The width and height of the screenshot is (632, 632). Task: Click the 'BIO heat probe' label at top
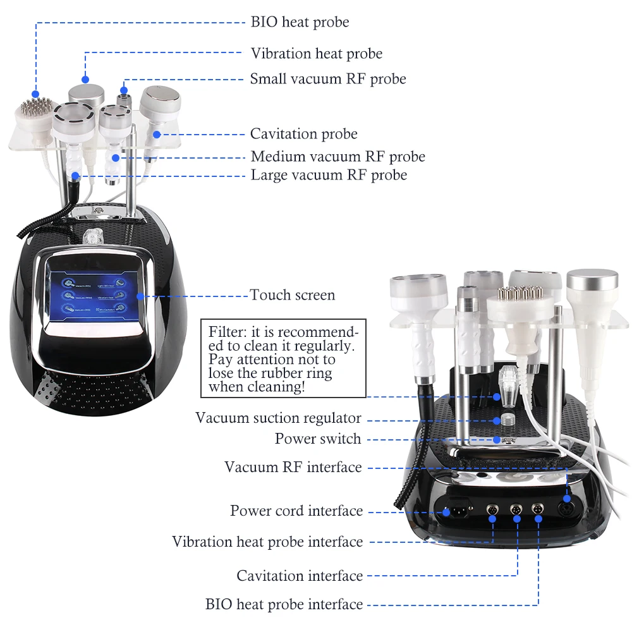click(300, 22)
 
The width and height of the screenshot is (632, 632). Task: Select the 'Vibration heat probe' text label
click(316, 54)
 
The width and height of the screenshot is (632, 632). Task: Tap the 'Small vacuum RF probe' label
click(327, 79)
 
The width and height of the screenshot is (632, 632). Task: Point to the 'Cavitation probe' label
click(303, 134)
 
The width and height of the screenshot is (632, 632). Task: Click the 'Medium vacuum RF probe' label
click(337, 157)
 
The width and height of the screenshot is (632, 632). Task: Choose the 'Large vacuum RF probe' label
click(329, 175)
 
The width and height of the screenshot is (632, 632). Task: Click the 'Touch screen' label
click(292, 295)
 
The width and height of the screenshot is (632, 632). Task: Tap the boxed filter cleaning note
click(283, 359)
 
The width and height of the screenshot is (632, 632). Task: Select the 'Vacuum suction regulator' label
click(278, 418)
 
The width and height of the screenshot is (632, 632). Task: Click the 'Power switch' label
click(318, 439)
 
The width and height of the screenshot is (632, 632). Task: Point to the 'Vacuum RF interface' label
click(293, 468)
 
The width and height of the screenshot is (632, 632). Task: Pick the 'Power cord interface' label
click(296, 511)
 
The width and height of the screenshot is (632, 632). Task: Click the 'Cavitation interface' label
click(300, 576)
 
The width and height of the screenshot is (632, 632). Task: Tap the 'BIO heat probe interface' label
click(284, 605)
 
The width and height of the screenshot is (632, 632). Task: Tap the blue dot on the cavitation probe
click(156, 134)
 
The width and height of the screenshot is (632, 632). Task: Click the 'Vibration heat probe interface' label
click(267, 542)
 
